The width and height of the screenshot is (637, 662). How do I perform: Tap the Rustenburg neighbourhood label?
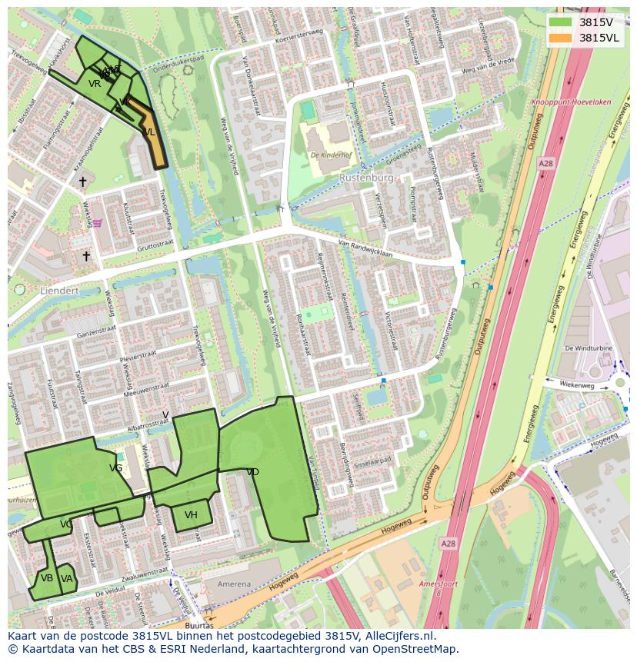[366, 178]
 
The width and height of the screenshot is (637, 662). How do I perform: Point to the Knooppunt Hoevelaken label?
[571, 102]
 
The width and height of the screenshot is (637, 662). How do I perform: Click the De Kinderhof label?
[332, 155]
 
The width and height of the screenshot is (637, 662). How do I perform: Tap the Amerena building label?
[234, 584]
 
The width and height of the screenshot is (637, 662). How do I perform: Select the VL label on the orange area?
[149, 132]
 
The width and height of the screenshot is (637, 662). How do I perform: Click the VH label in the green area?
[191, 515]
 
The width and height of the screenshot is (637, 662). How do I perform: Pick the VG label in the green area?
[116, 468]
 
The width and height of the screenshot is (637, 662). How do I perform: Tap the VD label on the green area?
[252, 472]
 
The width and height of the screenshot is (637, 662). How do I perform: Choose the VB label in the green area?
[47, 578]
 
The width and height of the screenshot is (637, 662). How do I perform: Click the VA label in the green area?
[67, 579]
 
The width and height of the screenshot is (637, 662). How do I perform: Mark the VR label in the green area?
[95, 84]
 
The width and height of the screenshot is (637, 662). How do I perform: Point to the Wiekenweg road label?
[577, 383]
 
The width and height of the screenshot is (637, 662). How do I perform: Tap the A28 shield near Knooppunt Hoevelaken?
[545, 164]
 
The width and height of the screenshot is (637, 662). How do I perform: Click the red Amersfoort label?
[439, 584]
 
